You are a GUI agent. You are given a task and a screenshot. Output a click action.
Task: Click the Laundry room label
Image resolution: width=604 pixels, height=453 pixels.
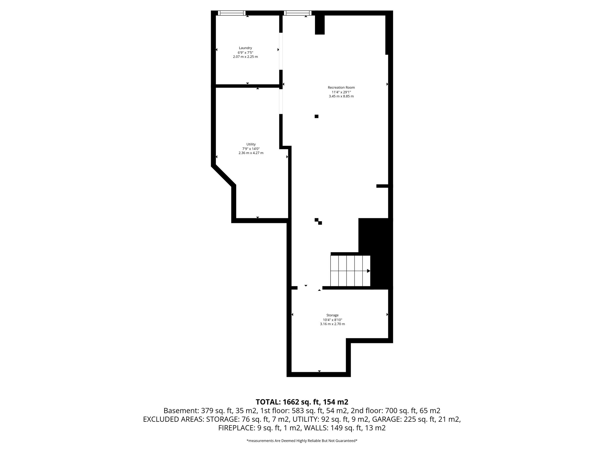click(x=245, y=48)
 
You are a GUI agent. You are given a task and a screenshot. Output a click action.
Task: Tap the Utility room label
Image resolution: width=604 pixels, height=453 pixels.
click(x=251, y=144)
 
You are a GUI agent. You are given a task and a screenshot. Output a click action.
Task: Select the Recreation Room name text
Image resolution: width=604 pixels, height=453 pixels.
click(x=341, y=87)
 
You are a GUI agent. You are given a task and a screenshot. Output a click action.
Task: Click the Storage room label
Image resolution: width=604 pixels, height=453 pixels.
click(x=332, y=315)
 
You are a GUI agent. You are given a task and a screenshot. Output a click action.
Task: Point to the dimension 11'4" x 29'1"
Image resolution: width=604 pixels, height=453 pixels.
click(x=341, y=92)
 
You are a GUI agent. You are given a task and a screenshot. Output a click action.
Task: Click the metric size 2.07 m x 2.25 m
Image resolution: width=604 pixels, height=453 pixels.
click(x=245, y=57)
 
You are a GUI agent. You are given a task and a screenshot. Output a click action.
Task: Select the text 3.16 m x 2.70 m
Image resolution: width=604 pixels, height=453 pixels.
click(x=332, y=324)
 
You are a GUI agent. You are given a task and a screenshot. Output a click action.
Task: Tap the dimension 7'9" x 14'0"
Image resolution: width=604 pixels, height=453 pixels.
click(x=251, y=149)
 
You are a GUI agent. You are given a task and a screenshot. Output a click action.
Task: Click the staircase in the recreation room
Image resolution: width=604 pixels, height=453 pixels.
click(x=350, y=271)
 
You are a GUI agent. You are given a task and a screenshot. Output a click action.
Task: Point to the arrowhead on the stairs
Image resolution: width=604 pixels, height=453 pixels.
click(x=368, y=271)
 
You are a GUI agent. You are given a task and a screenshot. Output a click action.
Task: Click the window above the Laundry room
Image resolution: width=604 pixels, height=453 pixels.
click(x=232, y=13)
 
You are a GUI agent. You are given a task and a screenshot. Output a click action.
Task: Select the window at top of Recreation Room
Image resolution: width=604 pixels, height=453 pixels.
click(x=297, y=13)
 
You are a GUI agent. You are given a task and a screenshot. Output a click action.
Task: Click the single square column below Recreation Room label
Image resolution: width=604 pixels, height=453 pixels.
click(x=316, y=116)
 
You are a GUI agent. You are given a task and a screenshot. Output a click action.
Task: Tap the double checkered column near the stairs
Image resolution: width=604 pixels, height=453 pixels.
click(x=318, y=221)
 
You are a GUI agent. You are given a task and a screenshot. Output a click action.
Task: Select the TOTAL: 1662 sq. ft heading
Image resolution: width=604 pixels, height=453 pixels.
click(x=302, y=402)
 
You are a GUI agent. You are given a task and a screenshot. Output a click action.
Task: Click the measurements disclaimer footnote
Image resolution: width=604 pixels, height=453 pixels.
click(x=302, y=441)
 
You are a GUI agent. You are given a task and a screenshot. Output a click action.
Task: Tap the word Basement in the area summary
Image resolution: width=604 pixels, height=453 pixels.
click(x=181, y=411)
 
